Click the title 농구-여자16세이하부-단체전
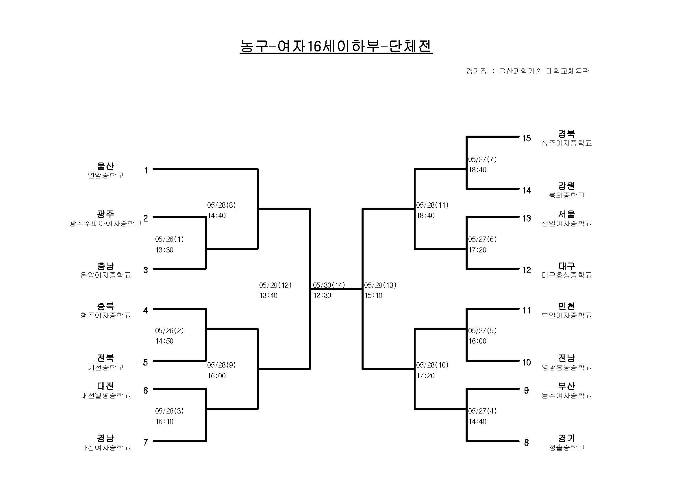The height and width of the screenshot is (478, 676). (x=336, y=46)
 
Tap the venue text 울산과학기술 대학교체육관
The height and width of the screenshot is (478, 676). (x=544, y=71)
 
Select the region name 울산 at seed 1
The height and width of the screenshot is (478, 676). (x=105, y=166)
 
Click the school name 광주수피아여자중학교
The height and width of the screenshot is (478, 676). (x=105, y=223)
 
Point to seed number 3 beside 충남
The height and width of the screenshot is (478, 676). (x=145, y=270)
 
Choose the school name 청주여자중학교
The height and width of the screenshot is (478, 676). (x=105, y=315)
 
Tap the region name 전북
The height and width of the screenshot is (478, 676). (x=105, y=358)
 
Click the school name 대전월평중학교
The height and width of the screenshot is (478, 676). (x=105, y=395)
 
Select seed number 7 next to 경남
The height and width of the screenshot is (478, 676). (x=145, y=442)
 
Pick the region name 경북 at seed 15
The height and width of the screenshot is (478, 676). (x=566, y=134)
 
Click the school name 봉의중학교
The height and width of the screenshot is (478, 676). (x=566, y=195)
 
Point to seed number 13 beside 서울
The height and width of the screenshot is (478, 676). (x=527, y=218)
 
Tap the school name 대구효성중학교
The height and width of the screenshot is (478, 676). (x=566, y=275)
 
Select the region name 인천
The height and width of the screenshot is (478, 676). (x=566, y=306)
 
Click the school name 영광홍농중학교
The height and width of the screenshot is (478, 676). (x=566, y=367)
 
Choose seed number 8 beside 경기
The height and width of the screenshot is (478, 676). (x=526, y=442)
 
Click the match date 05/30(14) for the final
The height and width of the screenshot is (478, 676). (x=329, y=285)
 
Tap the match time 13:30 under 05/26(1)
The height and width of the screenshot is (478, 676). (x=164, y=250)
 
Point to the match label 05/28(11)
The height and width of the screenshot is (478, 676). (x=432, y=205)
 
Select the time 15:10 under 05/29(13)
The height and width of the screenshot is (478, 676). (x=373, y=296)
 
